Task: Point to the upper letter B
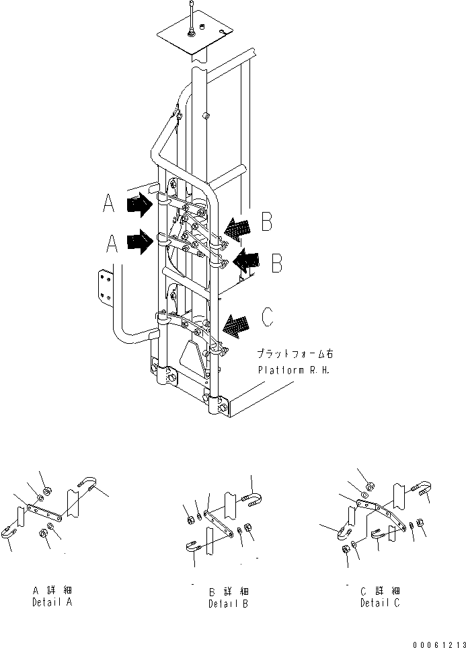(266, 222)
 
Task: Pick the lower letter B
(276, 263)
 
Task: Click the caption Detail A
(52, 602)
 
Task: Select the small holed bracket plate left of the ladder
(106, 286)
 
